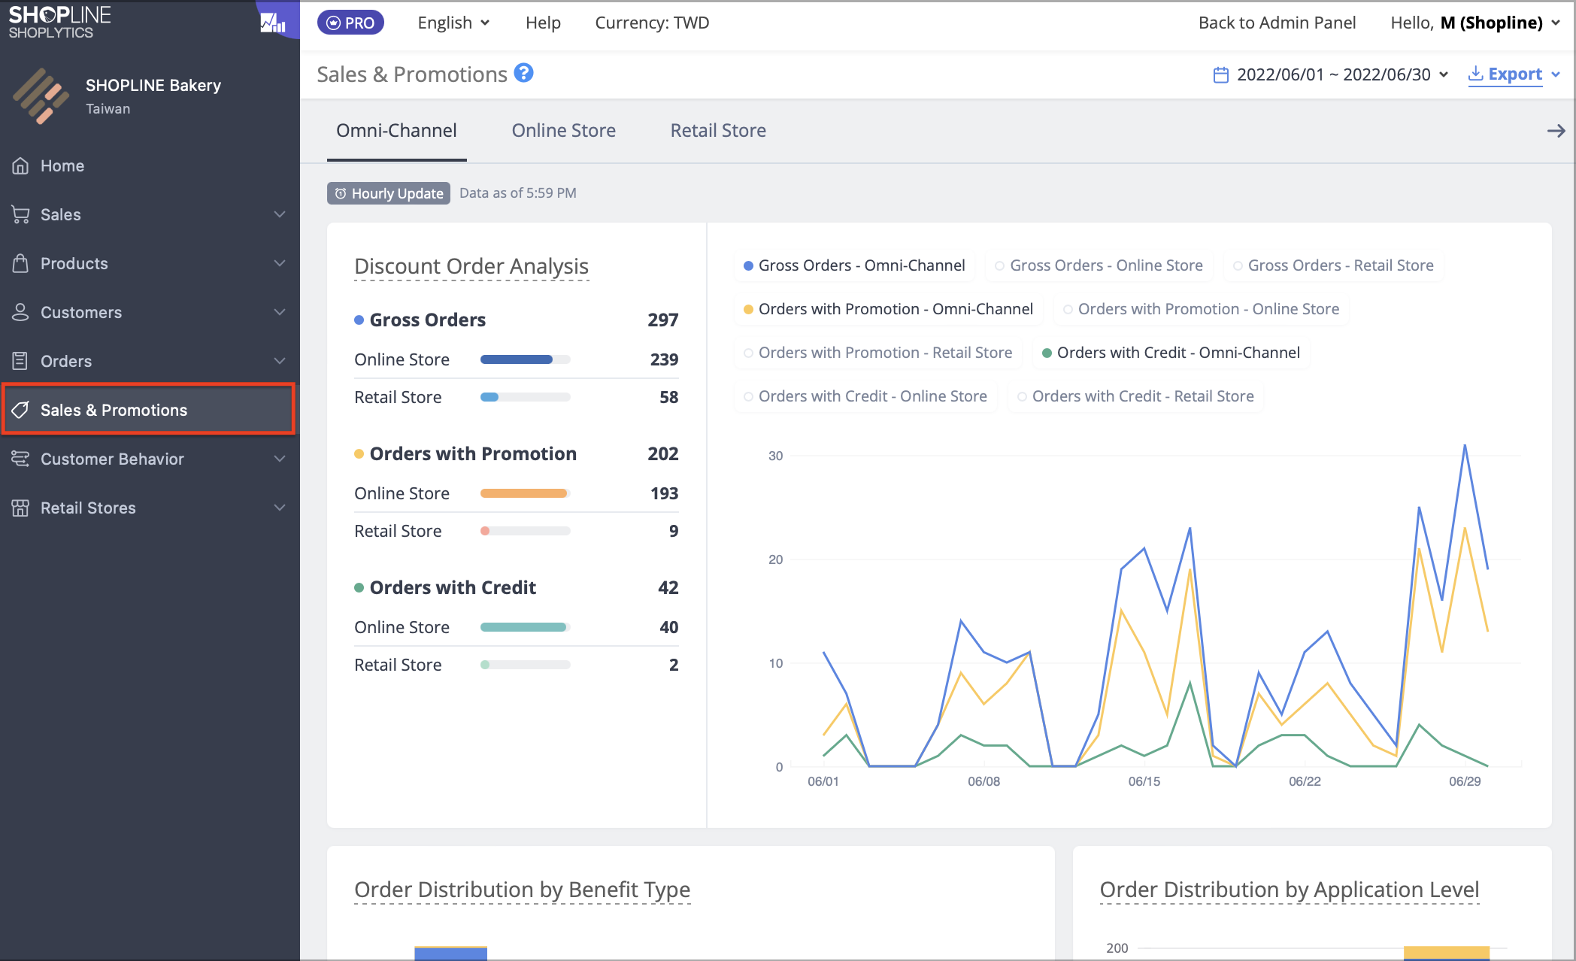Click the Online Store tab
[563, 130]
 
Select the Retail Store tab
[718, 130]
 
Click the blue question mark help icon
[524, 73]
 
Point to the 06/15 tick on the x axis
[1144, 781]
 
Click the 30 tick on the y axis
[776, 456]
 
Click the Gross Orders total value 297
[663, 320]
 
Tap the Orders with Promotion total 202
[663, 453]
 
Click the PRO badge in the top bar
[350, 23]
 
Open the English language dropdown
[453, 23]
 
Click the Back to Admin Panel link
[1277, 23]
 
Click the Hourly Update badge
[389, 193]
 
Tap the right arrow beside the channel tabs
[1556, 131]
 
